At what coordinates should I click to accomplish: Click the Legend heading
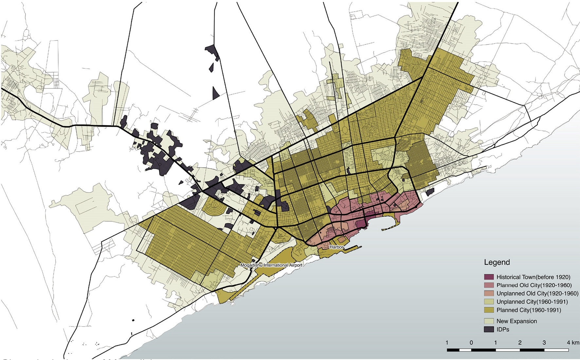coord(497,262)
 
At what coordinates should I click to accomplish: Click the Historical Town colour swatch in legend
coord(489,277)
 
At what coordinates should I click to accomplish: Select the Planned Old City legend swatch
coord(489,285)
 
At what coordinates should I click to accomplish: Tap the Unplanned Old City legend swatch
coord(489,294)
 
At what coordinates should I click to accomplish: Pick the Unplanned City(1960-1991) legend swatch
coord(489,302)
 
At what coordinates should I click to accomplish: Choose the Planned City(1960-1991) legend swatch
coord(489,310)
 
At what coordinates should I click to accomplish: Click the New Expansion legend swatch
coord(489,321)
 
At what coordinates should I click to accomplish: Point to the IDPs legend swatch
coord(489,329)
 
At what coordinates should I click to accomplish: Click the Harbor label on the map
coord(336,247)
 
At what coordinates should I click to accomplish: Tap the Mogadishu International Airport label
coord(271,265)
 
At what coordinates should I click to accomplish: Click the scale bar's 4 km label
coord(573,343)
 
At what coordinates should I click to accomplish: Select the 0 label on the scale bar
coord(471,343)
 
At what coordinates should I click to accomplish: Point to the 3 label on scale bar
coord(544,343)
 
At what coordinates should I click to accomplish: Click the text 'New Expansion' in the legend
coord(517,321)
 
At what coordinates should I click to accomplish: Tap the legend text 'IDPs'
coord(503,329)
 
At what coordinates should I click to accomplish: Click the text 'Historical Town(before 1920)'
coord(533,277)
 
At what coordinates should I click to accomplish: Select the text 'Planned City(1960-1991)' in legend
coord(529,310)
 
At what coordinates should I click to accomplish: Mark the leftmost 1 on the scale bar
coord(447,343)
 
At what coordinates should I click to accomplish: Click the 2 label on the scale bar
coord(520,343)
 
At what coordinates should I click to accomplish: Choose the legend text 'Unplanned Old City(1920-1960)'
coord(537,294)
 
